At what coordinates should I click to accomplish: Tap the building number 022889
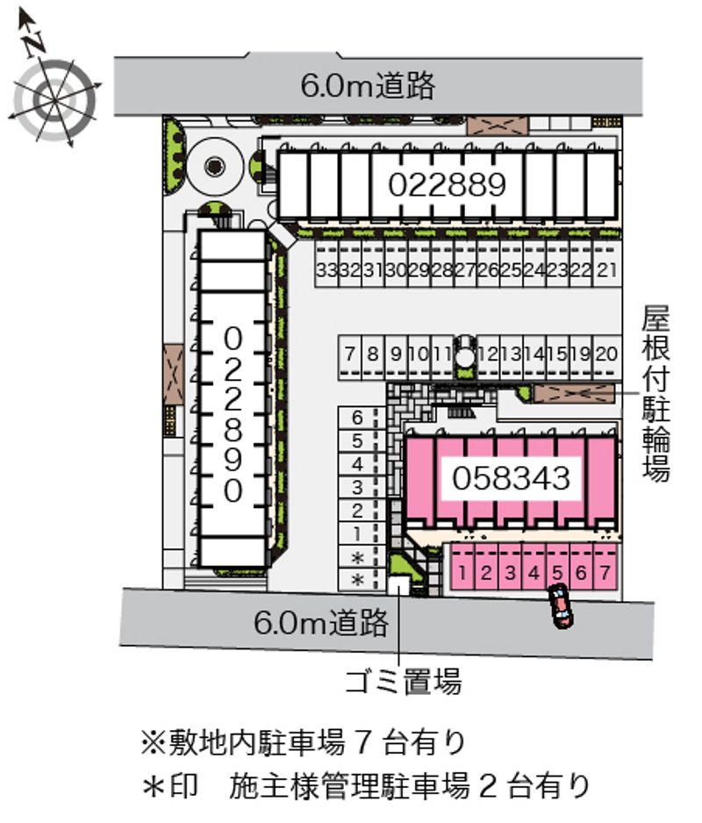(448, 184)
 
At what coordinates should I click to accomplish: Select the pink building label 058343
(512, 478)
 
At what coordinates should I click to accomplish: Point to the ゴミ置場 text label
(402, 680)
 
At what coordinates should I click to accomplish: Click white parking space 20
(605, 354)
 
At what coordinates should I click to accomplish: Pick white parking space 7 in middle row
(350, 354)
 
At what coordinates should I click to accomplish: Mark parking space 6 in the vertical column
(357, 418)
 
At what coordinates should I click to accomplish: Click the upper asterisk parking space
(357, 557)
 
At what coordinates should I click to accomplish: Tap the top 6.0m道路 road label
(368, 85)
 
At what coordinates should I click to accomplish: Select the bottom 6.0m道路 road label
(321, 623)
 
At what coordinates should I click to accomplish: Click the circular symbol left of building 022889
(214, 165)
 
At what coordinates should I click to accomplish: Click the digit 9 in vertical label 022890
(233, 460)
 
